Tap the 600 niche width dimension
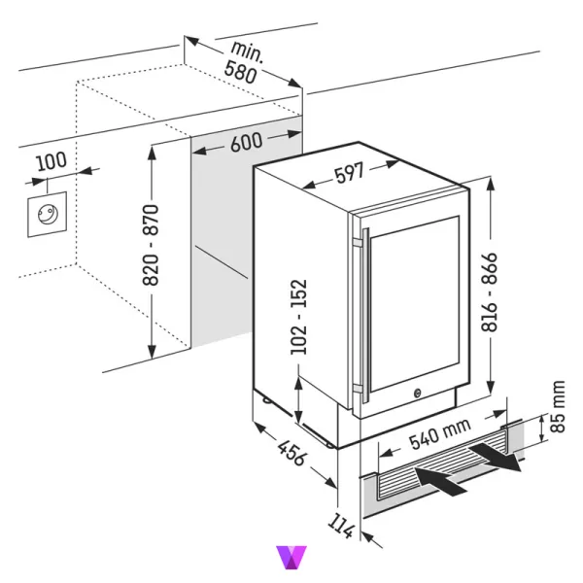tap(246, 142)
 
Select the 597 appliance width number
tap(348, 173)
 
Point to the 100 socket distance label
tap(48, 161)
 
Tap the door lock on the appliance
tap(417, 394)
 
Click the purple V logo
tap(291, 558)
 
